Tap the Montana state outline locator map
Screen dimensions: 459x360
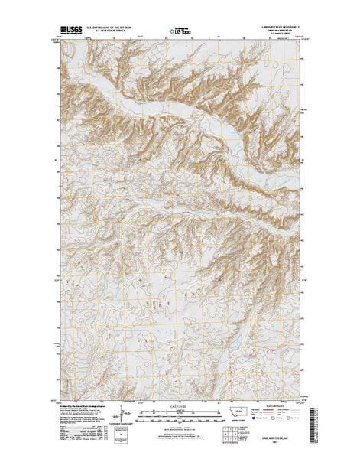tap(234, 412)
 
